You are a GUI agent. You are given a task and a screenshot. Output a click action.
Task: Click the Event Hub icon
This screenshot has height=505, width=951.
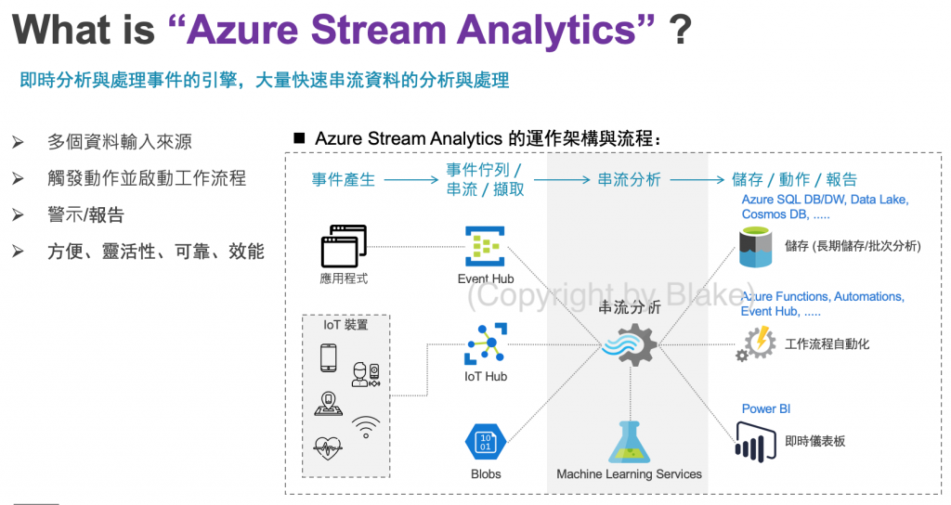pos(485,246)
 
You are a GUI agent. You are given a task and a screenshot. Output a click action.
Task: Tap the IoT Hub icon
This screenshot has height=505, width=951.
pos(485,344)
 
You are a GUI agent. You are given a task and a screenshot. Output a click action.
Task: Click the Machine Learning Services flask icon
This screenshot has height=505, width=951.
pos(630,441)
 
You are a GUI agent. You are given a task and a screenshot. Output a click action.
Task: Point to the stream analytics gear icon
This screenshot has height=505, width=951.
pos(631,345)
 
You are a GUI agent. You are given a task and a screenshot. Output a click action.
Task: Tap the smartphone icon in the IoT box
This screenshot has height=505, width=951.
pos(328,357)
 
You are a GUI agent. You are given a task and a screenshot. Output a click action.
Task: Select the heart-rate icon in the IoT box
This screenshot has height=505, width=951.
pos(328,448)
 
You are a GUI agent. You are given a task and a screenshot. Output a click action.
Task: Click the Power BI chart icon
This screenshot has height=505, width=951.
pos(755,440)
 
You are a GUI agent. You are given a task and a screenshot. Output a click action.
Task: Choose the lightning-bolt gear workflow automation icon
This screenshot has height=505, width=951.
pos(756,343)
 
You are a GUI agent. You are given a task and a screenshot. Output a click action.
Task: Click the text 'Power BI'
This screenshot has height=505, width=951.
pos(765,408)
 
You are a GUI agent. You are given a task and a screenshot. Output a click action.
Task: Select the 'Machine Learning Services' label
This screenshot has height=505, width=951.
pos(629,474)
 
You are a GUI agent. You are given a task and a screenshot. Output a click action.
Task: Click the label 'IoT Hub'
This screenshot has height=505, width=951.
pos(485,377)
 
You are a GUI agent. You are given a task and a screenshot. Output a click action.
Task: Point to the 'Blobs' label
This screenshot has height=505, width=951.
pos(485,474)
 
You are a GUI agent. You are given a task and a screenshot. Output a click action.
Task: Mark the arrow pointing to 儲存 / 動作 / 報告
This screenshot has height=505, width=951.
pos(696,180)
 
